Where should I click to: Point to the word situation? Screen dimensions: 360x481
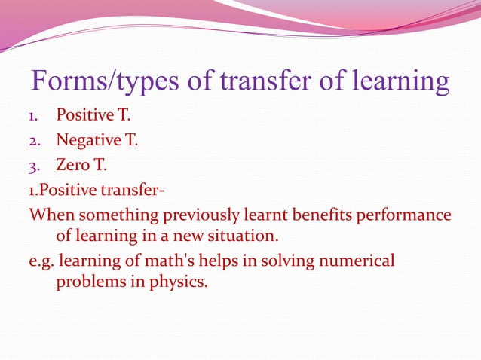(232, 237)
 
